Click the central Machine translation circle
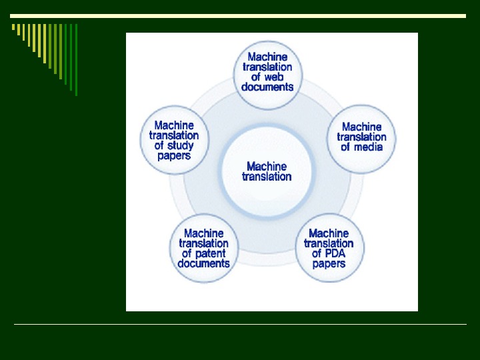267,172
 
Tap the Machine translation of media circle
362,138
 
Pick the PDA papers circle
329,248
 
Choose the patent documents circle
203,248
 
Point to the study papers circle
174,140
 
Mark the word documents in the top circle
267,87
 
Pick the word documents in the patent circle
203,263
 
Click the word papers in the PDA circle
329,263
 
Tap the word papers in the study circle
174,155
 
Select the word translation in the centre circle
267,177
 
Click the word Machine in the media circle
362,127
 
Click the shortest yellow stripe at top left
13,27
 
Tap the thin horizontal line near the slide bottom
240,325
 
